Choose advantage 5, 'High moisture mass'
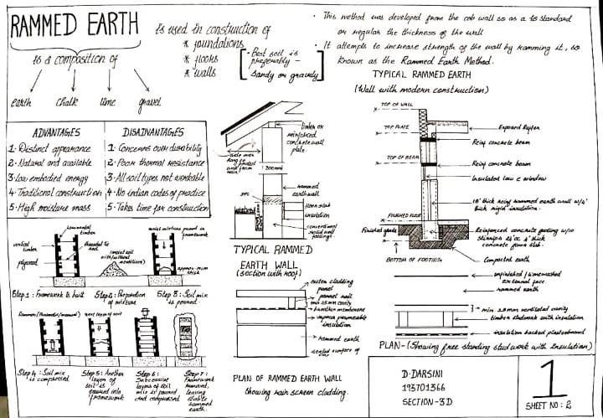pyautogui.click(x=53, y=208)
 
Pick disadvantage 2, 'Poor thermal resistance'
pyautogui.click(x=155, y=163)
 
